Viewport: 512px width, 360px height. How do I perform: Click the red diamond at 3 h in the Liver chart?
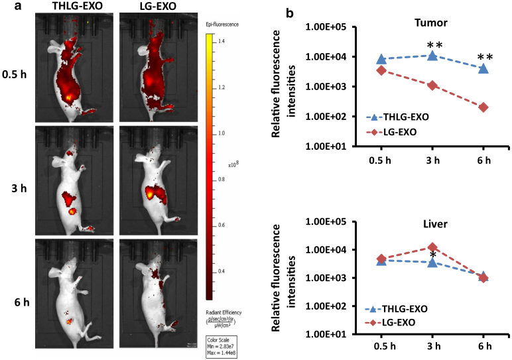coord(432,247)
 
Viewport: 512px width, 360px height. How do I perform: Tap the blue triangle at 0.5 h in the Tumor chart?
coord(381,60)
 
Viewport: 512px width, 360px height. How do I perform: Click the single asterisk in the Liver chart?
coord(432,256)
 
